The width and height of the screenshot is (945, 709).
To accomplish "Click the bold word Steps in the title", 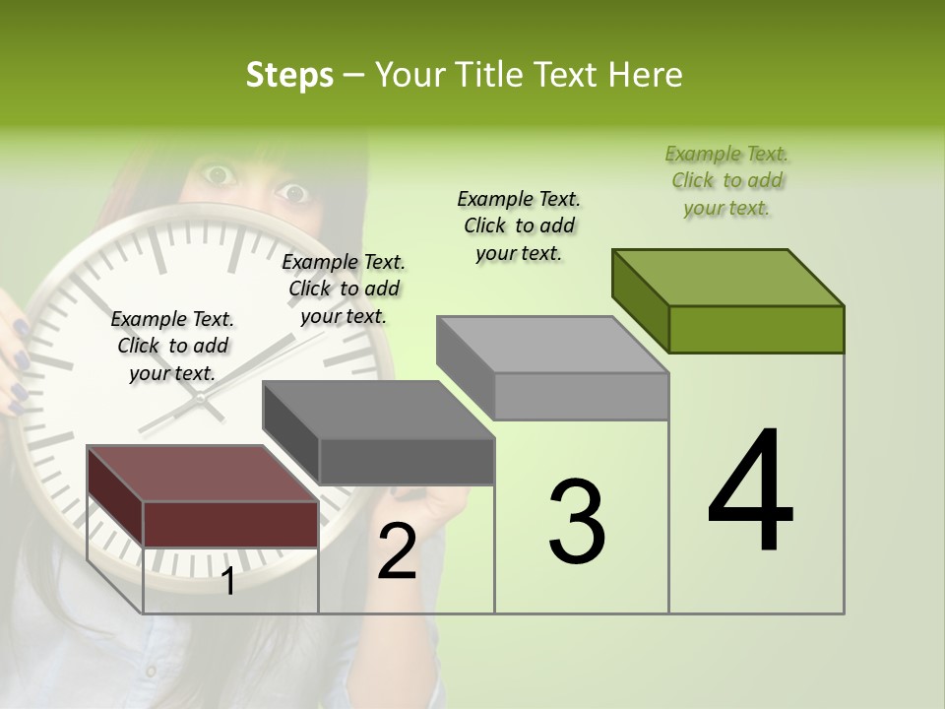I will point(289,75).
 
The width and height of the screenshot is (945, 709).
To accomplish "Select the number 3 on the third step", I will point(577,521).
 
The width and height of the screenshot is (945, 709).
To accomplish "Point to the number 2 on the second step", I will point(397,552).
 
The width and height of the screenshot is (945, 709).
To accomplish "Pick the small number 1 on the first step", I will point(228,582).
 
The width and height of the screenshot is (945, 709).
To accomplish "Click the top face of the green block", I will point(727,278).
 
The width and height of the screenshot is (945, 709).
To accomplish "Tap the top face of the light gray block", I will point(552,345).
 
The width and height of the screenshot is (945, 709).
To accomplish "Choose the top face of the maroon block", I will point(202,474).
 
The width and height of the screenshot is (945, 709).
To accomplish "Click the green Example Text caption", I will point(727,180).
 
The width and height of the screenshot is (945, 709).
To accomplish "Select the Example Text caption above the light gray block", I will point(519,226).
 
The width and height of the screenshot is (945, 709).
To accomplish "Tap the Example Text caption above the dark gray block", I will point(344,289).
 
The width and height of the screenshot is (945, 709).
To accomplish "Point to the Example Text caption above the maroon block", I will point(172,346).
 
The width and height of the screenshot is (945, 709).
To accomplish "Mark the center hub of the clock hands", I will point(200,398).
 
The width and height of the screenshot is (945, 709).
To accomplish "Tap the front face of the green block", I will point(756,329).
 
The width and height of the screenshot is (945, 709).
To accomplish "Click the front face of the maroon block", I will point(230,524).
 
